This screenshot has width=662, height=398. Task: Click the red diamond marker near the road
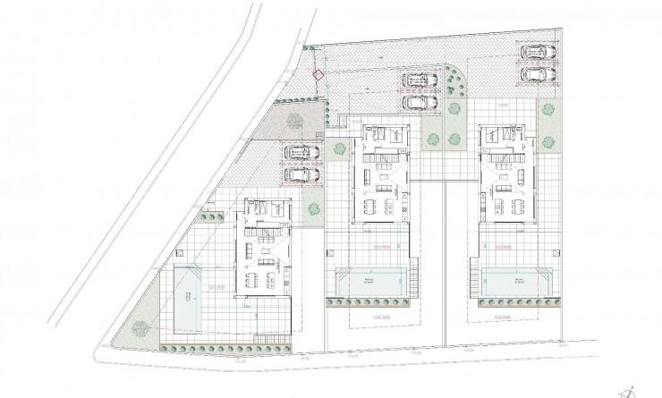click(318, 76)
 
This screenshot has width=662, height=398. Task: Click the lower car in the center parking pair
click(417, 102)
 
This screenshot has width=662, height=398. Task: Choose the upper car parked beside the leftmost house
click(301, 153)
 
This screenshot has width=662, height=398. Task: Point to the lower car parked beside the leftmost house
click(301, 174)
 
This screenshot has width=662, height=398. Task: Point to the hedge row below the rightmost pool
click(516, 304)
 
